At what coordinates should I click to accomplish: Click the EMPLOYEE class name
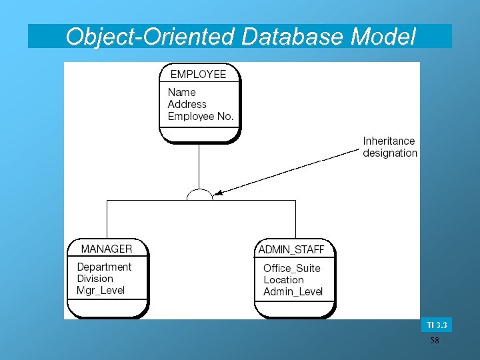coord(198,74)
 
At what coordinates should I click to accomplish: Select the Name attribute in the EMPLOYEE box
coord(181,92)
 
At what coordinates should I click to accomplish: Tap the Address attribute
coord(187,104)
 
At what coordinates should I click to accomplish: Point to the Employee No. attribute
coord(201,116)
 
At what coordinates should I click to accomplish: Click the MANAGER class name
coord(107,249)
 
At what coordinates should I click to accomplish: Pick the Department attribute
coord(104,267)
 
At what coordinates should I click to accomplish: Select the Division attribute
coord(95,279)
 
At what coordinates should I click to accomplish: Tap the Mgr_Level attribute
coord(101,291)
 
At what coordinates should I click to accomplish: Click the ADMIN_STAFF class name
coord(291,249)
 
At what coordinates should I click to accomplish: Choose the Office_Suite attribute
coord(291,268)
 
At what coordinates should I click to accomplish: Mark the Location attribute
coord(283,280)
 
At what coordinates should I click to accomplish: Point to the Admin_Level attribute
coord(293,292)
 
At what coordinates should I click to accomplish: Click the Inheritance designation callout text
coord(390,147)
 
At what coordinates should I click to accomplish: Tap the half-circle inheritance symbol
coord(199,195)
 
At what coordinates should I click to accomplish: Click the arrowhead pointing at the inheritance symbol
coord(217,193)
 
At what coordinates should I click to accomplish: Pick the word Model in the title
coord(385,36)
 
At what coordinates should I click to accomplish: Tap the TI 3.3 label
coord(436,325)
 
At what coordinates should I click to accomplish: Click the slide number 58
coord(435,341)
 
